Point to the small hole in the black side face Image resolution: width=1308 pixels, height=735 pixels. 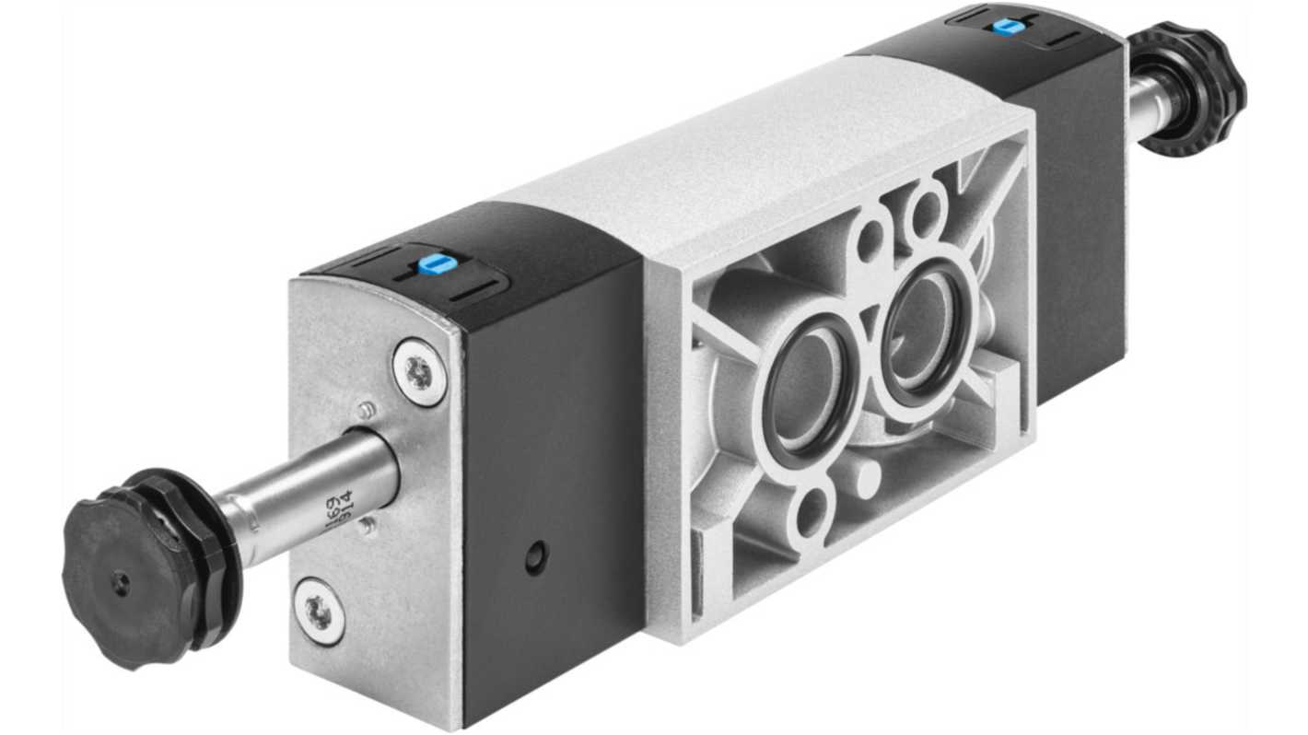535,555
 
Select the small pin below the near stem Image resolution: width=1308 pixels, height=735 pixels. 367,527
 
